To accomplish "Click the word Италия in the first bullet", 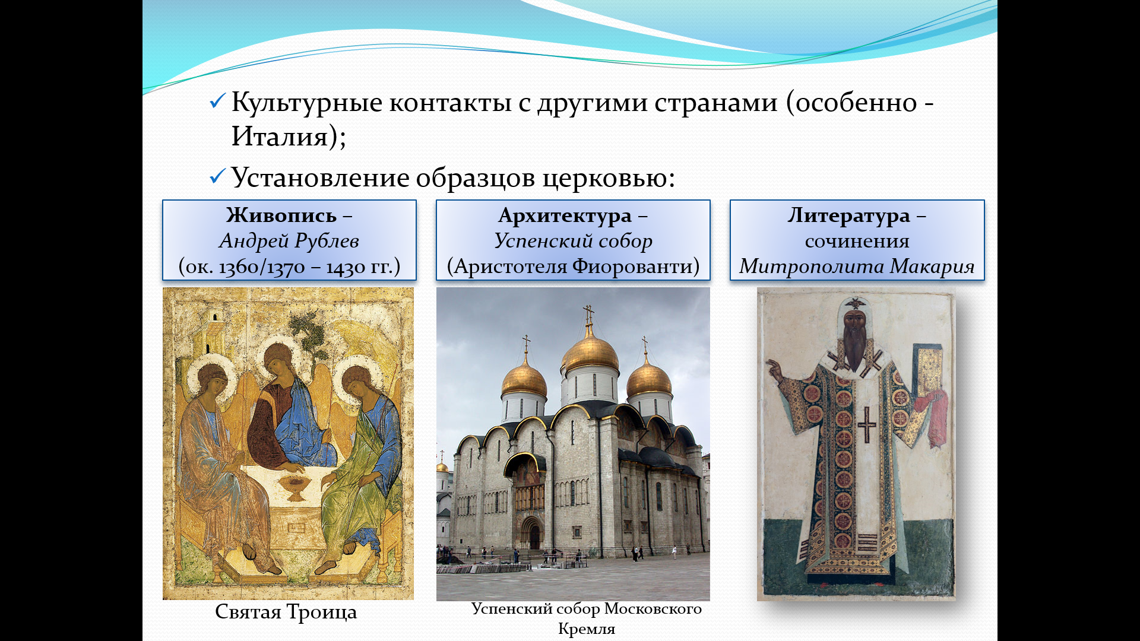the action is (280, 137).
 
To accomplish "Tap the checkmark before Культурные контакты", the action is (217, 101).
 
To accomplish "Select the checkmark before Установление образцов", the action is (217, 176).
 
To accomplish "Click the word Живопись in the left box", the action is (281, 215).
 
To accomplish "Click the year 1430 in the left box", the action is (346, 267).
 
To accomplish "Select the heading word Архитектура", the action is (565, 215).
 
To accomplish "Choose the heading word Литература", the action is (849, 215).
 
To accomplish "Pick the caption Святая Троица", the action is (286, 612).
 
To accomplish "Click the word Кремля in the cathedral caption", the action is (587, 629).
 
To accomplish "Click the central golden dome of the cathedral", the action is (590, 350).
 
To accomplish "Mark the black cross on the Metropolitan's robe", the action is (866, 424).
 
